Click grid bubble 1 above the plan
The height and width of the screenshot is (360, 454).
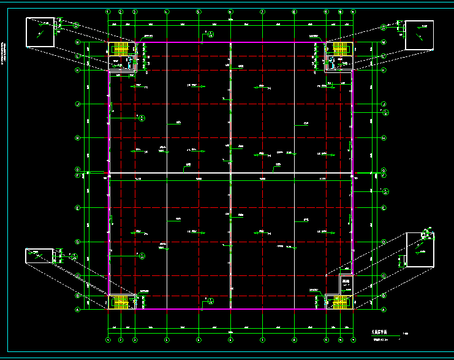[x=108, y=11]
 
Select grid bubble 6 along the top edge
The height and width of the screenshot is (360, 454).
[x=230, y=11]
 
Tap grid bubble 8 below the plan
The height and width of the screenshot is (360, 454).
[x=294, y=339]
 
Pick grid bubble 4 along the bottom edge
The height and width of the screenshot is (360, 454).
[x=167, y=339]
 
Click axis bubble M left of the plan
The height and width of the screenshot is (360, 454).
[x=77, y=42]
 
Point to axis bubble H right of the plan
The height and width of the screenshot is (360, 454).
[x=384, y=138]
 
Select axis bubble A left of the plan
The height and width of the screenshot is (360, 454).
[x=77, y=310]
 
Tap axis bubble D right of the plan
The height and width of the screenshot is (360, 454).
[x=384, y=242]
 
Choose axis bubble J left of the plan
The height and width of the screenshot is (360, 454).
[x=77, y=104]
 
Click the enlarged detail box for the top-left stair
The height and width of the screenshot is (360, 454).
[x=39, y=32]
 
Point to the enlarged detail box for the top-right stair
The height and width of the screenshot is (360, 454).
[x=420, y=34]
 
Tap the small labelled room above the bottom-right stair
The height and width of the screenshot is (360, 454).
[x=347, y=283]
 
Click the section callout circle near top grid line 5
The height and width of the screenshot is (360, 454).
[x=211, y=34]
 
